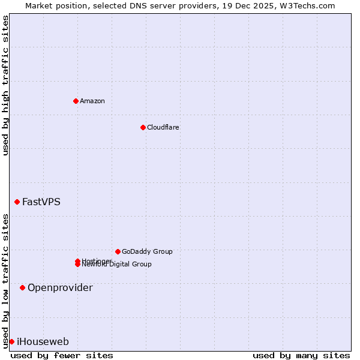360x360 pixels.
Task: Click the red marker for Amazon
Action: tap(76, 101)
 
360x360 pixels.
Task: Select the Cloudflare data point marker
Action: tap(143, 127)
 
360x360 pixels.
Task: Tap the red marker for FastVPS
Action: tap(17, 202)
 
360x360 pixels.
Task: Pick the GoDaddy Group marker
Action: tap(118, 251)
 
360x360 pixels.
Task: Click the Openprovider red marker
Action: tap(22, 288)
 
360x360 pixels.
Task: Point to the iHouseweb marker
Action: tap(11, 341)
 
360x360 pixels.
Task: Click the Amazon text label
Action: tap(92, 101)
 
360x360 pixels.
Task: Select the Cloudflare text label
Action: tap(163, 127)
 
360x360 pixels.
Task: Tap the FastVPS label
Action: tap(41, 202)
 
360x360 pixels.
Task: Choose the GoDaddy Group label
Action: tap(147, 251)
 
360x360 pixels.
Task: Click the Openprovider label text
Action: tap(60, 288)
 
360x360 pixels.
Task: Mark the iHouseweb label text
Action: tap(43, 342)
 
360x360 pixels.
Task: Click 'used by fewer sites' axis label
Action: tap(62, 355)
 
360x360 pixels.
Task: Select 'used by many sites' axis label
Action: tap(301, 355)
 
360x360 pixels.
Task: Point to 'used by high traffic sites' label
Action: tap(5, 86)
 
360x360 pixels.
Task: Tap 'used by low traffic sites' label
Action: tap(5, 281)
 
